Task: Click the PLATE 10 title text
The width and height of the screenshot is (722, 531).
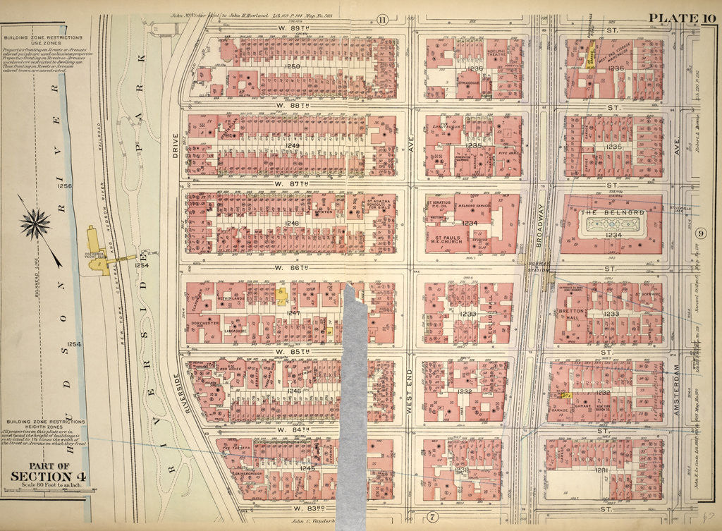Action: tap(680, 18)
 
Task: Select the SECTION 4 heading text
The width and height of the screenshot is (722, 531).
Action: tap(41, 475)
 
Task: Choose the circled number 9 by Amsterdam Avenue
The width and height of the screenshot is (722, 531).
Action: tap(700, 233)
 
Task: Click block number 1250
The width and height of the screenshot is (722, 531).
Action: tap(291, 66)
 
